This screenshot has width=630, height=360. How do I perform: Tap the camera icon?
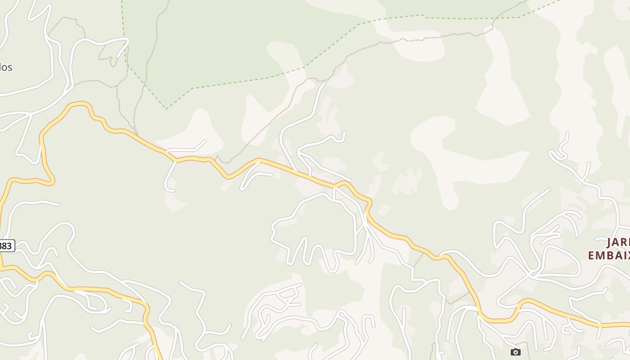[x=516, y=352]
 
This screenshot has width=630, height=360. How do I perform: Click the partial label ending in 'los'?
[x=5, y=67]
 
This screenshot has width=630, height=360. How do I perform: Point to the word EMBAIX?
[x=608, y=255]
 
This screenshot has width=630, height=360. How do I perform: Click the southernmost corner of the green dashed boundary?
[x=166, y=109]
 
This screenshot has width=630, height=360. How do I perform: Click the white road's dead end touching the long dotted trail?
[x=324, y=83]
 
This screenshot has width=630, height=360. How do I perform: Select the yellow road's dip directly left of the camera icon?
[x=495, y=321]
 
